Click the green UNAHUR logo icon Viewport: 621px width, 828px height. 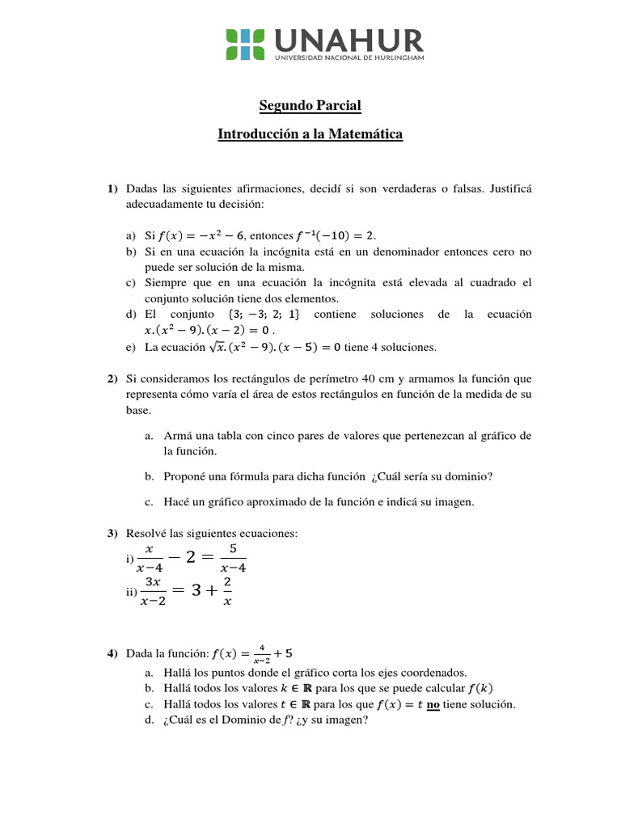coord(244,44)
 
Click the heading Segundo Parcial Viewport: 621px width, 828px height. coord(310,105)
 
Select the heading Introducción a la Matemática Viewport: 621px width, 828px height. coord(310,133)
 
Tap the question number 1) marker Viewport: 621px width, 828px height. coord(113,188)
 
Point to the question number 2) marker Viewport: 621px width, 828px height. coord(113,378)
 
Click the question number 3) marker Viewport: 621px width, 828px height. coord(113,534)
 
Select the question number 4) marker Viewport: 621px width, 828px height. coord(113,653)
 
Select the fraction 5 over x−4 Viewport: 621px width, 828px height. coord(232,558)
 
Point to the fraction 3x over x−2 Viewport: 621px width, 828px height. coord(153,591)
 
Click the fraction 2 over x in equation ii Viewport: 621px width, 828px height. coord(227,591)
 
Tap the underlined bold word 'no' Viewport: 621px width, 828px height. coord(433,704)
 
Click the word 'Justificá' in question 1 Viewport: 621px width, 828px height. coord(509,188)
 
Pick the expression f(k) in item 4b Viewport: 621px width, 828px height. coord(476,688)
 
